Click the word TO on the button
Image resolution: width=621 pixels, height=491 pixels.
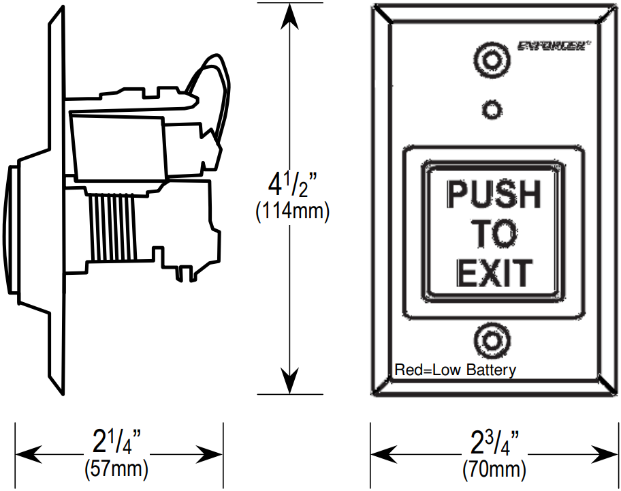494,234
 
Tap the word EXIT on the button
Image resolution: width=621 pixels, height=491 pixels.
494,273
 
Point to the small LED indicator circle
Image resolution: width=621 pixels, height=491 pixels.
492,109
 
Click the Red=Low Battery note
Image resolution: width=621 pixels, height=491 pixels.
456,370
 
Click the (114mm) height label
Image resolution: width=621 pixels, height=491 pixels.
292,212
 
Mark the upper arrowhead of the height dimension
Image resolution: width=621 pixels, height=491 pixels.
291,15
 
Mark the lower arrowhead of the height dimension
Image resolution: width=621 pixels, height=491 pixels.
291,383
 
